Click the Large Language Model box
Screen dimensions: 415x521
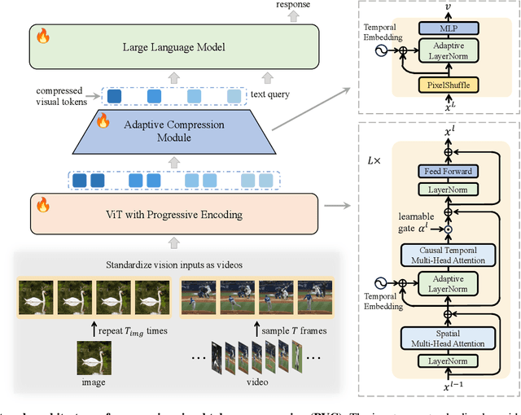click(175, 46)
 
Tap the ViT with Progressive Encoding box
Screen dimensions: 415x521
click(175, 214)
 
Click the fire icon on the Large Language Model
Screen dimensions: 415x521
click(42, 37)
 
